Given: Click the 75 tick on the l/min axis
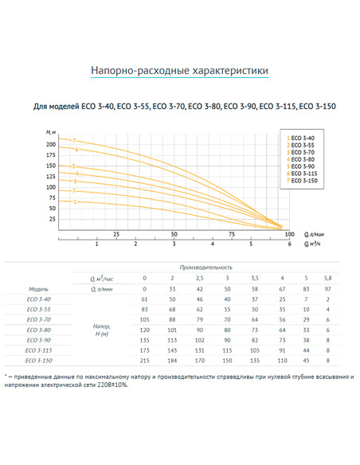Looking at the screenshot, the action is (231, 235).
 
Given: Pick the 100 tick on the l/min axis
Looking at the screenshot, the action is (288, 235).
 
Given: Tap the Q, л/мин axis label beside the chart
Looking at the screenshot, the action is (315, 234).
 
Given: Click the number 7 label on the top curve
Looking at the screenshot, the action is (74, 140).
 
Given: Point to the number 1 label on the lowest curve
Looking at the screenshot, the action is (74, 202).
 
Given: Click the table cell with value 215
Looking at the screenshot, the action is (145, 360).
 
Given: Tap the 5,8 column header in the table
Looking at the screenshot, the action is (329, 277).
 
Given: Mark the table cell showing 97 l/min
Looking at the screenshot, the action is (329, 287).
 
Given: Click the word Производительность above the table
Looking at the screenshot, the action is (205, 268).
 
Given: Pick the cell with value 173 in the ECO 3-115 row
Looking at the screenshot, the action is (145, 350).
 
